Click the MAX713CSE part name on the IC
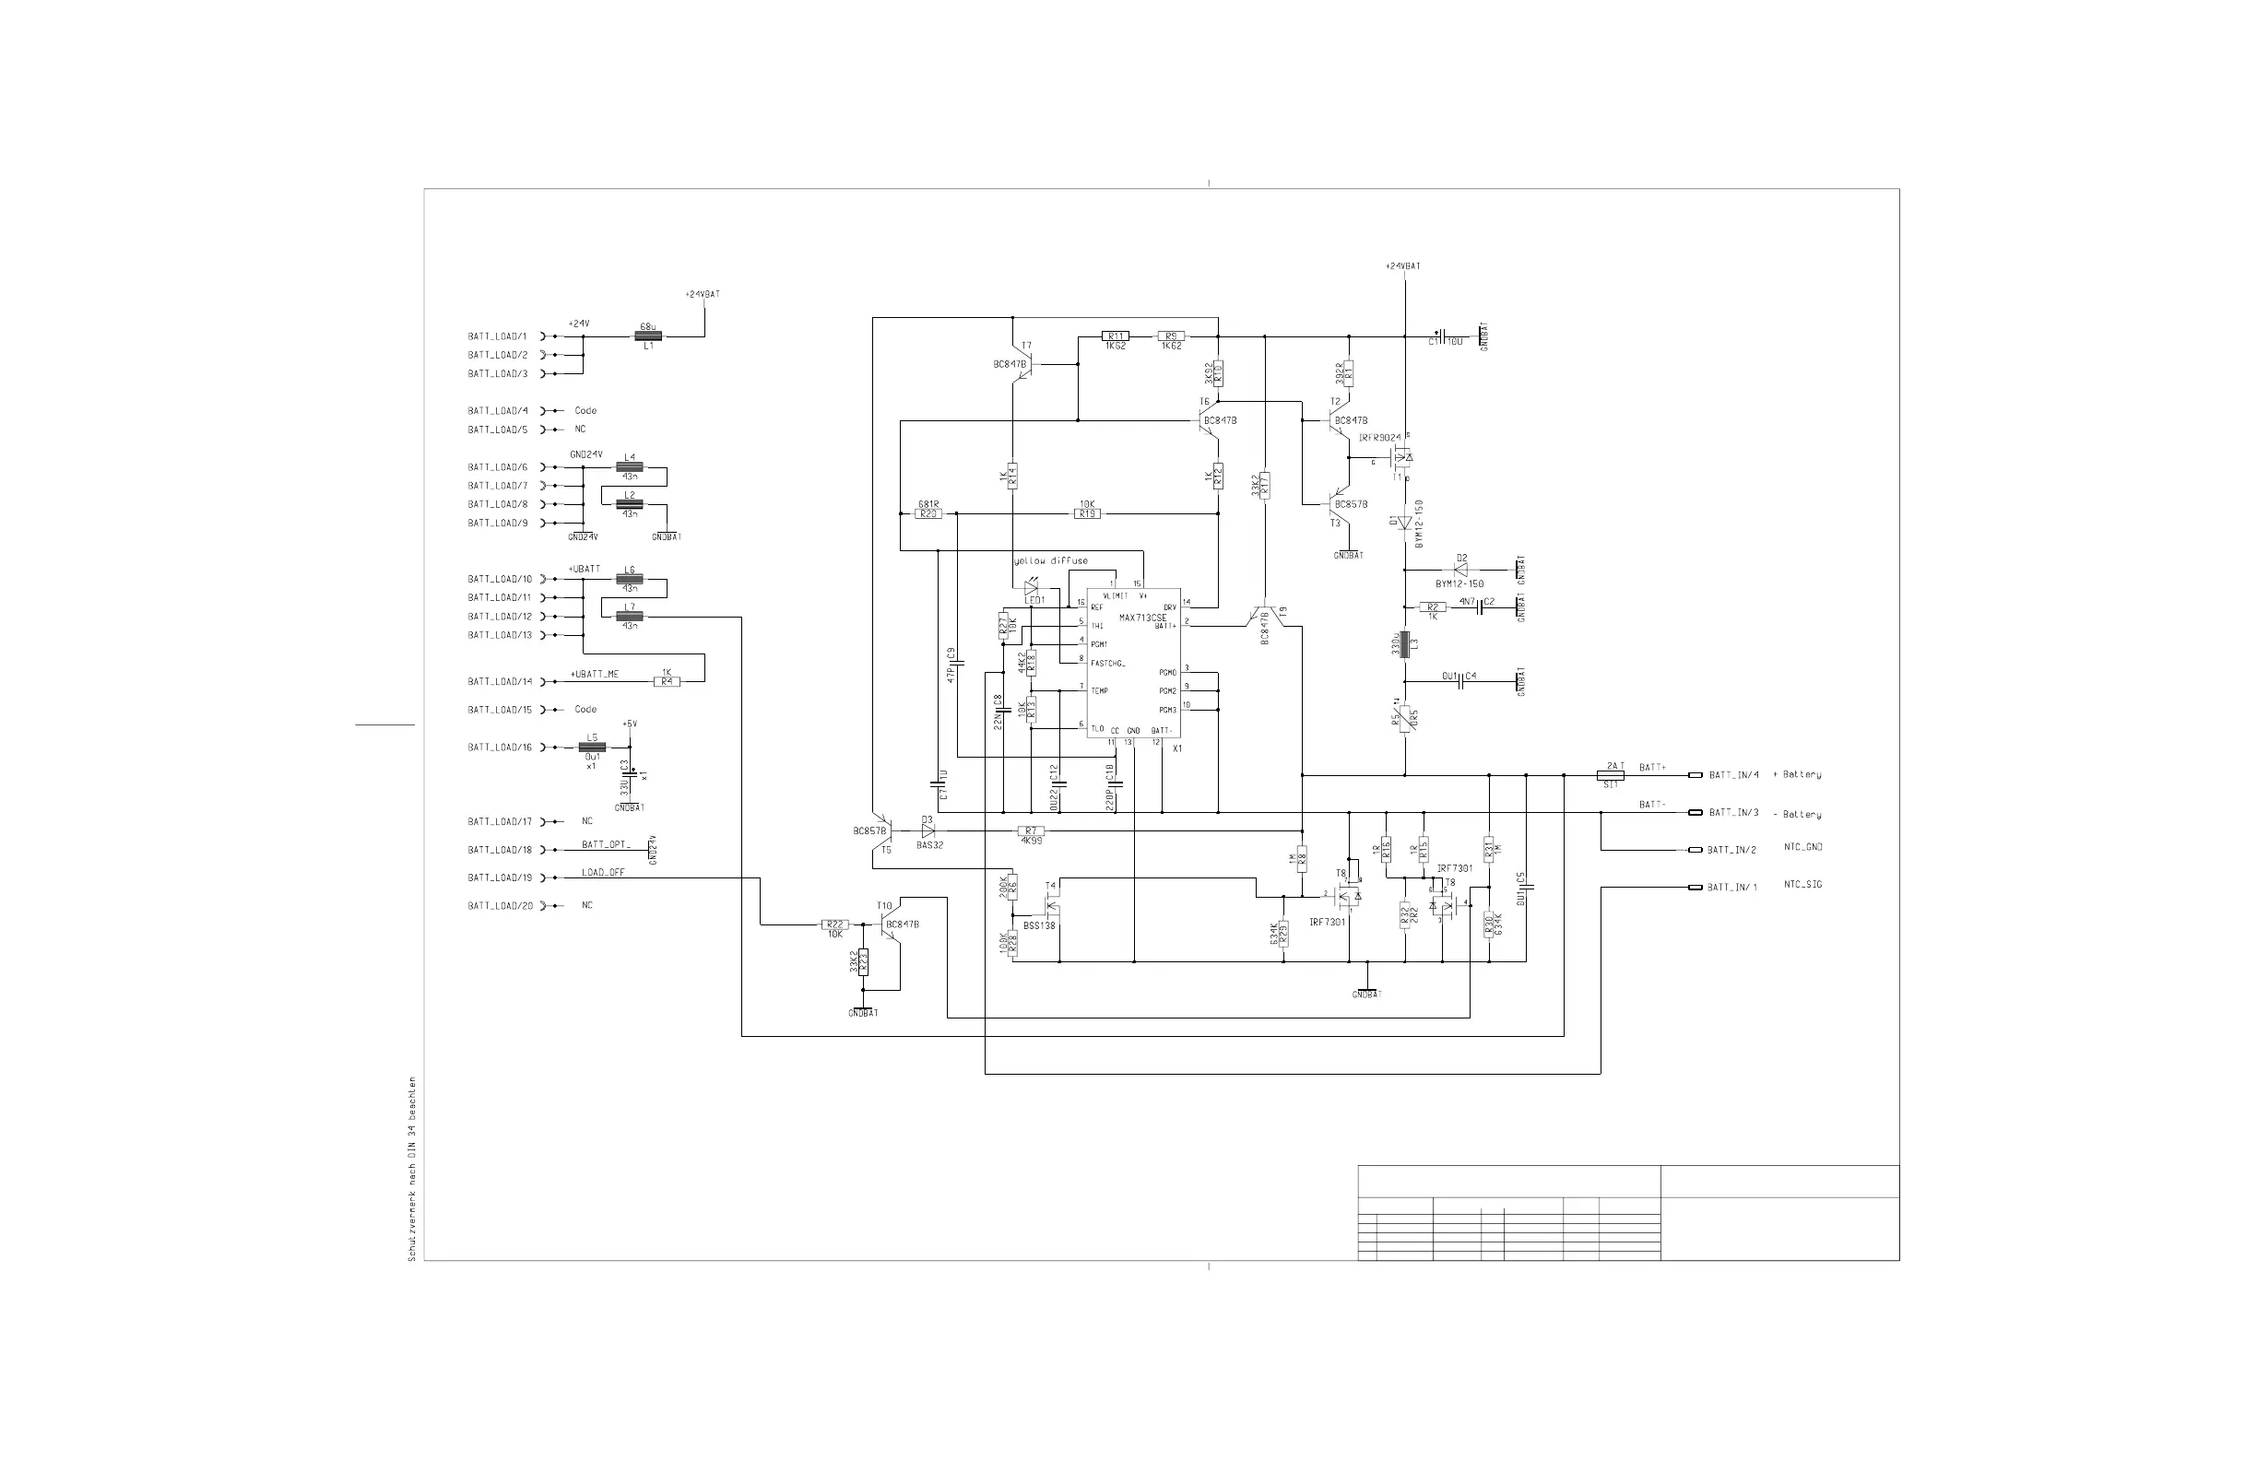point(1141,618)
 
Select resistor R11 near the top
point(1116,336)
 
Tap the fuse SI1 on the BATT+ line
point(1612,775)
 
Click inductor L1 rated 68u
point(648,336)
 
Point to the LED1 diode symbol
point(1031,588)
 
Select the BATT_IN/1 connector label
point(1731,888)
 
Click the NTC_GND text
point(1802,848)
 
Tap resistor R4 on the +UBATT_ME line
point(667,682)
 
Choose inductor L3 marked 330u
point(1404,644)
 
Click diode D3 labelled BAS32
point(928,831)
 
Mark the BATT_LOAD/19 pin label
point(499,877)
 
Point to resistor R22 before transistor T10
point(834,924)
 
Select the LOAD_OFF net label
point(603,872)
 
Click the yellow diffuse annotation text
point(1051,561)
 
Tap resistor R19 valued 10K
point(1087,513)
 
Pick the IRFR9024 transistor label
point(1380,438)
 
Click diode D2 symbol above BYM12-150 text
point(1460,570)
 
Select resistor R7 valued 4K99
point(1031,831)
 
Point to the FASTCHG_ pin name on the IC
point(1107,663)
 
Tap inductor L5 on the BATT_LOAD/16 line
point(592,748)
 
